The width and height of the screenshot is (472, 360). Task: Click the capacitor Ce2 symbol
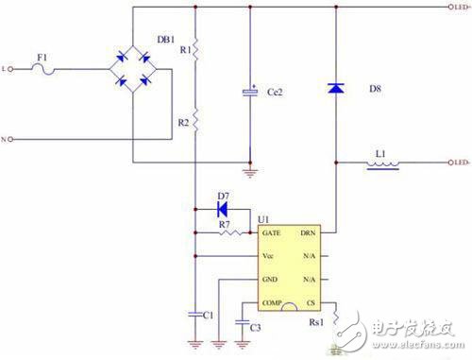coord(250,92)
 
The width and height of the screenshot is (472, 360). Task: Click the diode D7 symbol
coord(222,209)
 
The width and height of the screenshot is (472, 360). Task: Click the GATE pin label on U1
coord(271,232)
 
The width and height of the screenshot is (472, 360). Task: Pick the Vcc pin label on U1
coord(269,256)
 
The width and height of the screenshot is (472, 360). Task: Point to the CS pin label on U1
coord(309,302)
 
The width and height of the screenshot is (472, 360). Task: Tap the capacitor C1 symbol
coord(194,311)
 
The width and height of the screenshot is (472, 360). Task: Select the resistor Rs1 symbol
coord(337,316)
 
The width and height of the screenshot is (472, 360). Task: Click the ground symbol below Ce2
coord(250,171)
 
